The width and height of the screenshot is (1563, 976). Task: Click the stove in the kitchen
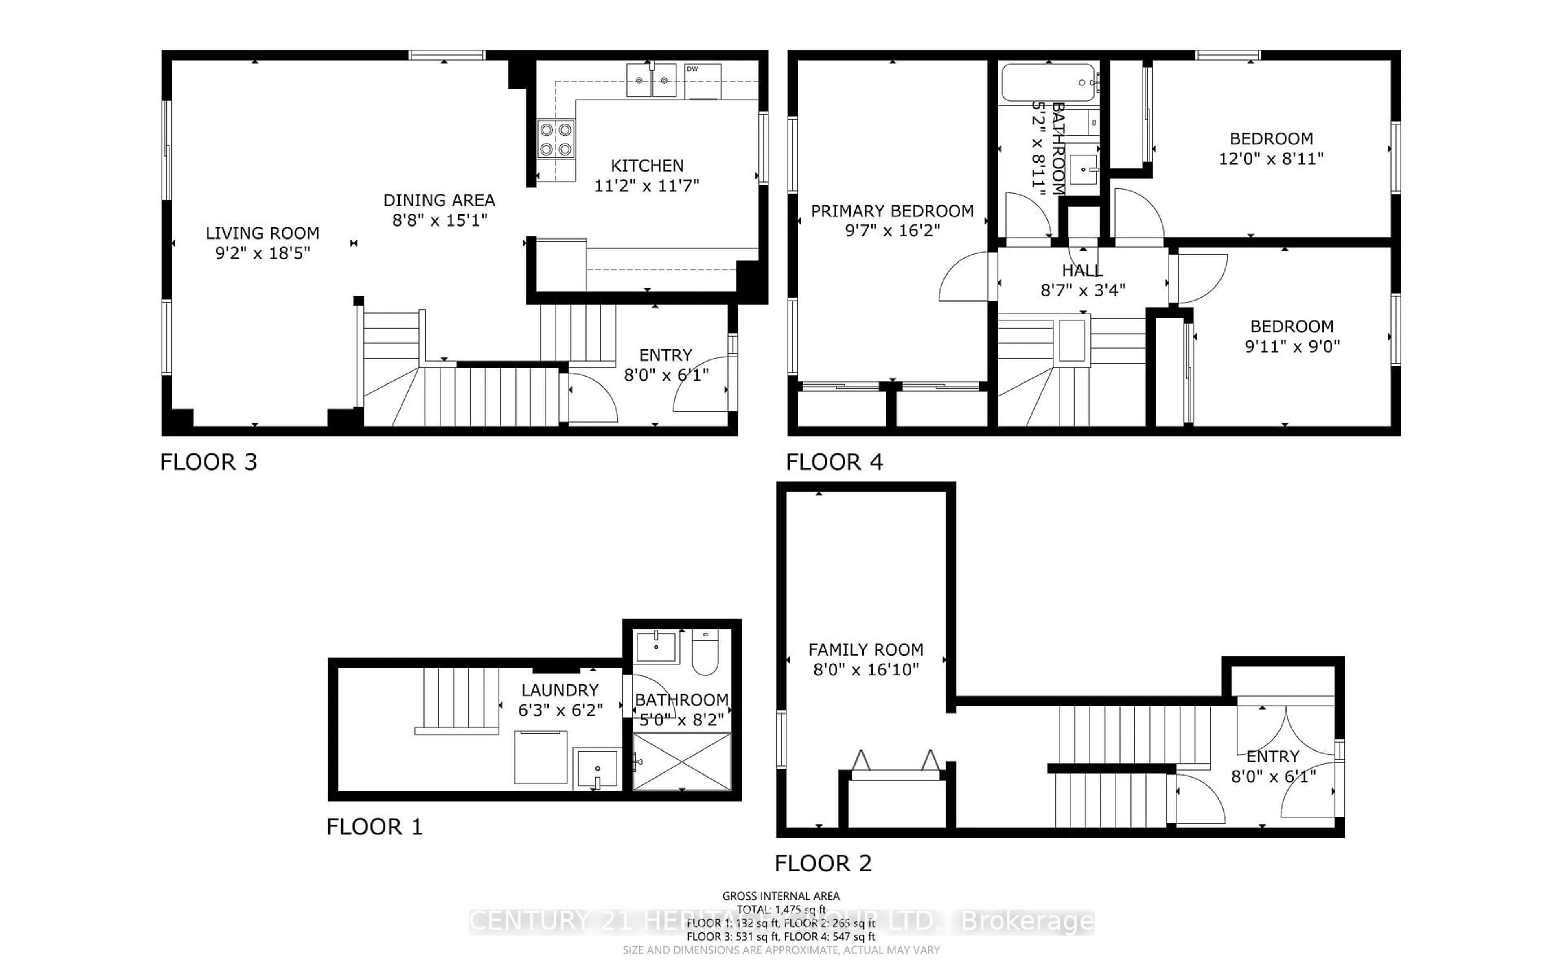tap(556, 140)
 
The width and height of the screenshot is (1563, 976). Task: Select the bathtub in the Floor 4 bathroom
tap(1048, 83)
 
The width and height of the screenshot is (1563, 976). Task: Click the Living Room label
tap(262, 233)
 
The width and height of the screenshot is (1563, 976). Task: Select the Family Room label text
tap(865, 649)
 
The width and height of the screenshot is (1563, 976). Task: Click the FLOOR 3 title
tap(209, 462)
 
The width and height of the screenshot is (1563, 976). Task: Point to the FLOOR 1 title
tap(374, 827)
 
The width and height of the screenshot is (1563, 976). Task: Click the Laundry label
tap(560, 690)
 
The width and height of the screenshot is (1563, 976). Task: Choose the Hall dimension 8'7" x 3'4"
tap(1082, 290)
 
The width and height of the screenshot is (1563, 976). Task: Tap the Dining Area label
tap(439, 200)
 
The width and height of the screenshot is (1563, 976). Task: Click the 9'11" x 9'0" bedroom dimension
tap(1292, 346)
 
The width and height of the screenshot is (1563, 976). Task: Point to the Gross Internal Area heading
tap(781, 896)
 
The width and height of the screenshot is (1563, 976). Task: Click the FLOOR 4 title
tap(834, 462)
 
